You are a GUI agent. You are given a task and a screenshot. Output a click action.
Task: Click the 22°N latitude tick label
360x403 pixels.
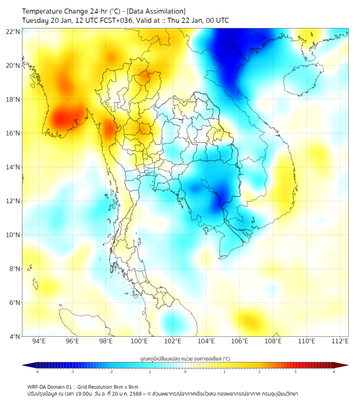(13, 31)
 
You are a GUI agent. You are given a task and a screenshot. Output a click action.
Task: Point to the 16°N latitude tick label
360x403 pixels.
(13, 133)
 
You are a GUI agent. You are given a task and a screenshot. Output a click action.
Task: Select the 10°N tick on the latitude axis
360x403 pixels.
(13, 235)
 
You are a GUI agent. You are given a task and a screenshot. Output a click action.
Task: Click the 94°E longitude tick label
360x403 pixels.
(39, 341)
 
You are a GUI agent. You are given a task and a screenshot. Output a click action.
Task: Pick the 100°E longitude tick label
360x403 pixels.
(139, 341)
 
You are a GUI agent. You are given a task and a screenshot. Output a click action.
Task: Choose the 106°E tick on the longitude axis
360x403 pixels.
(240, 341)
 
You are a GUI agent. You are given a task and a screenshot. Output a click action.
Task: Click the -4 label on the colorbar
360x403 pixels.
(36, 372)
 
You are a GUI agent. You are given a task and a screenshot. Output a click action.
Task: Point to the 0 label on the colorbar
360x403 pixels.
(185, 372)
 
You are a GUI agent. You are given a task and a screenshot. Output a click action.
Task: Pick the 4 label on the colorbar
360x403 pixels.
(334, 372)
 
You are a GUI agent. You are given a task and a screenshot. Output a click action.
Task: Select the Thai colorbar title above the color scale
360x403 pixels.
(185, 358)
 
